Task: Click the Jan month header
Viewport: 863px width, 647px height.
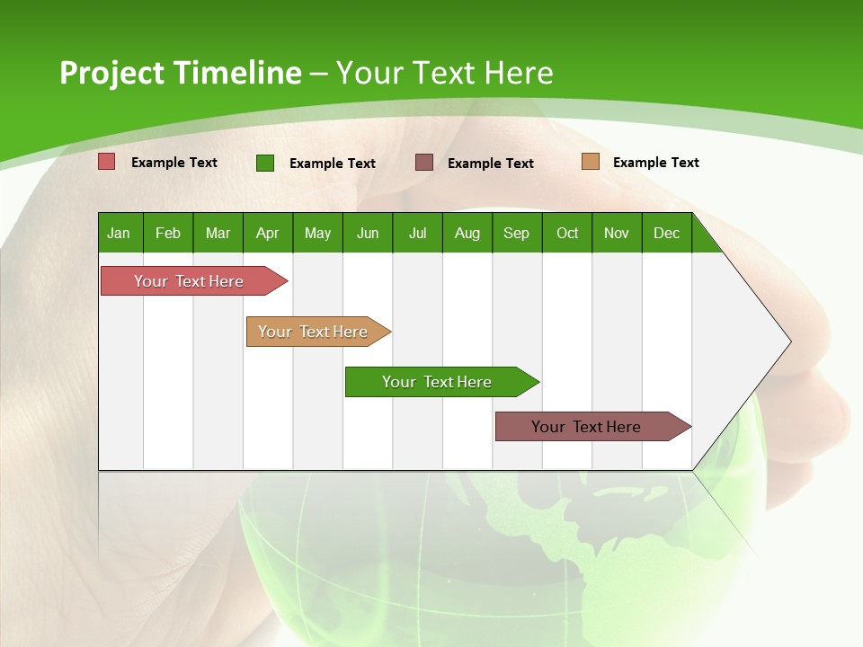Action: pos(120,233)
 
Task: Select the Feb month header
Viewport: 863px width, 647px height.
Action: pos(168,233)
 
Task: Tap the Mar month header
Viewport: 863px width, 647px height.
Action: pos(218,233)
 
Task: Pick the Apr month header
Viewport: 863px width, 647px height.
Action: pos(268,233)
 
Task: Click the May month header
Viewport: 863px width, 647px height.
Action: pos(317,233)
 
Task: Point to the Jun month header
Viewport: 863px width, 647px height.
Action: pos(368,233)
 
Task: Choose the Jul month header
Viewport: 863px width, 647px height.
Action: pos(417,233)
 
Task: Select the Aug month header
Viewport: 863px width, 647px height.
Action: pos(467,233)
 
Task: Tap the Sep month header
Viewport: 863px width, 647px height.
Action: pos(517,233)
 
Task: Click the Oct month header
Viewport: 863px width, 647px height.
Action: pos(567,233)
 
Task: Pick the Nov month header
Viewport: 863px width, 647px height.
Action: pos(617,233)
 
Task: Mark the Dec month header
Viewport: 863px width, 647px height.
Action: pos(667,233)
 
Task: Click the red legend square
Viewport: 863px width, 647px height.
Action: pos(107,162)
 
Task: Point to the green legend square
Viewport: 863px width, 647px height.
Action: pos(265,163)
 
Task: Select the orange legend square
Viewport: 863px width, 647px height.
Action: pos(590,162)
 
